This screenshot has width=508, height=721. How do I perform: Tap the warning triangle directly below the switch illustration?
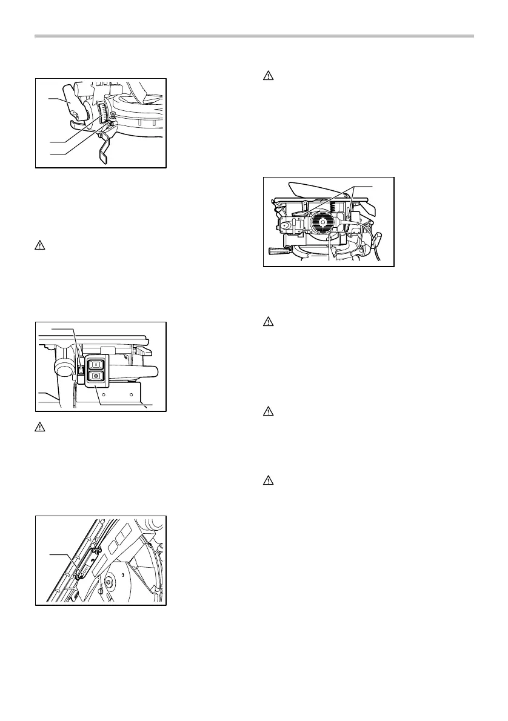38,426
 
